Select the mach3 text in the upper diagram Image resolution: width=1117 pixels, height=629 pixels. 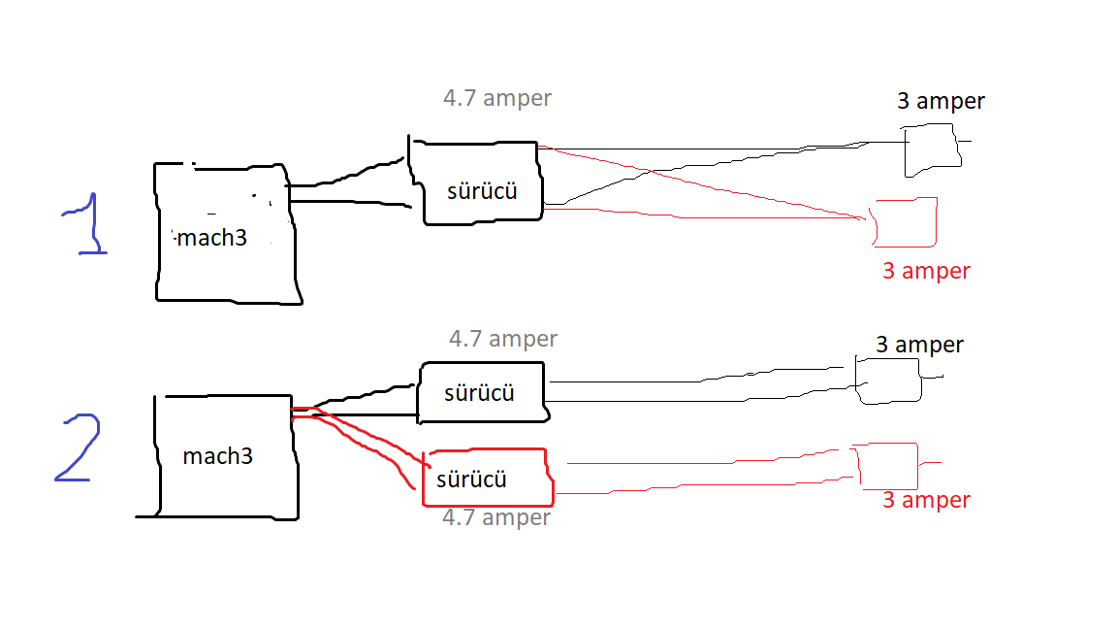click(x=211, y=238)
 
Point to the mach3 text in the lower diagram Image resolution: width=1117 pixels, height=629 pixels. click(x=217, y=455)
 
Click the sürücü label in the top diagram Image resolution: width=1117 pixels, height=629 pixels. click(x=482, y=191)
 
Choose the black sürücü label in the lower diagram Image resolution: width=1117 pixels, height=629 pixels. click(x=479, y=393)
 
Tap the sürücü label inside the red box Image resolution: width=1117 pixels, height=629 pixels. click(x=471, y=480)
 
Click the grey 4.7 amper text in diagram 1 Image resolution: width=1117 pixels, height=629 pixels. click(x=497, y=98)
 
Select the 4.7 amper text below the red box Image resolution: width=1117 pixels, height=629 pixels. click(x=496, y=517)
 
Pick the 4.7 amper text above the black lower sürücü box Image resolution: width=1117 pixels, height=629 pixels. click(x=503, y=338)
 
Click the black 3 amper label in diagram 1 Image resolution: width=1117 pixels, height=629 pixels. click(x=941, y=101)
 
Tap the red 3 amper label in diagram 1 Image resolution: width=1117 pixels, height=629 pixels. click(x=926, y=271)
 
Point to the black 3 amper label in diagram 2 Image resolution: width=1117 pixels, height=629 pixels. click(x=919, y=346)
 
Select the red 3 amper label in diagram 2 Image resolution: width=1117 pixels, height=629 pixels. click(x=926, y=500)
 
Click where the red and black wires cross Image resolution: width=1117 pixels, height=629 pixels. click(x=650, y=171)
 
